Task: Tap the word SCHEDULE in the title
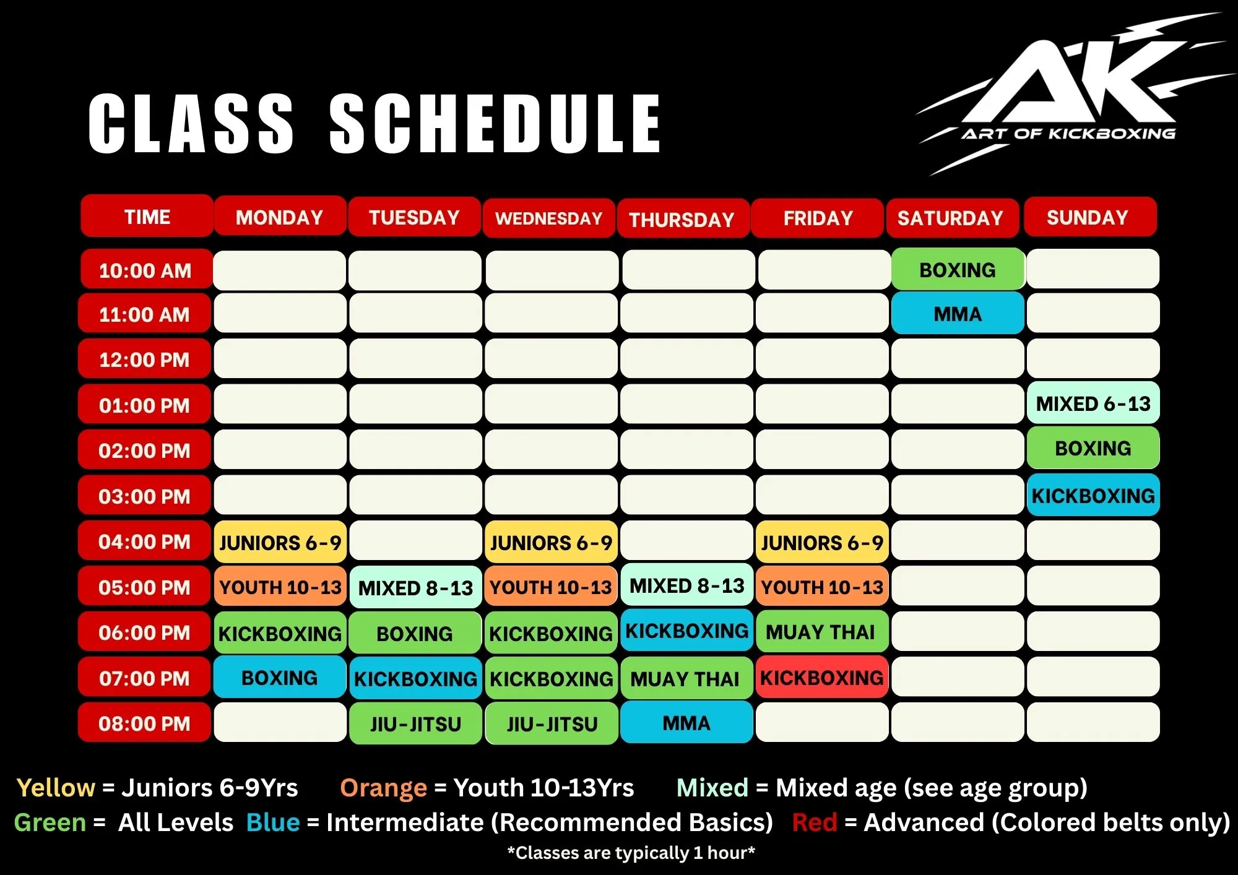(495, 124)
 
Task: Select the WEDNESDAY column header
(549, 218)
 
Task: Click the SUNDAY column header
(1090, 217)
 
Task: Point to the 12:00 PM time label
(145, 359)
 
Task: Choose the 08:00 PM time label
(145, 723)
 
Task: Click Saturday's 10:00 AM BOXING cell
(958, 269)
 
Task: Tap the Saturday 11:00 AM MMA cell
(958, 314)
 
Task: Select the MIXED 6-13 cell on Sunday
(1093, 403)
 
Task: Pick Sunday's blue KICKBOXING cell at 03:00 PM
(1093, 495)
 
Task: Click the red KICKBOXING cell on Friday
(822, 678)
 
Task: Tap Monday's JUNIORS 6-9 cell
(280, 542)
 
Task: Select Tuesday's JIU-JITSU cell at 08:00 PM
(415, 723)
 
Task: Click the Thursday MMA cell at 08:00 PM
(686, 722)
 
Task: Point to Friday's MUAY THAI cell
(822, 632)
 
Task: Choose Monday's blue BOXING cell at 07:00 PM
(280, 678)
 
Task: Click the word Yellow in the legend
(56, 788)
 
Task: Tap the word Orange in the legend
(384, 788)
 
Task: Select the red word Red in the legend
(815, 822)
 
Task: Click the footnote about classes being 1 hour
(631, 853)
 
